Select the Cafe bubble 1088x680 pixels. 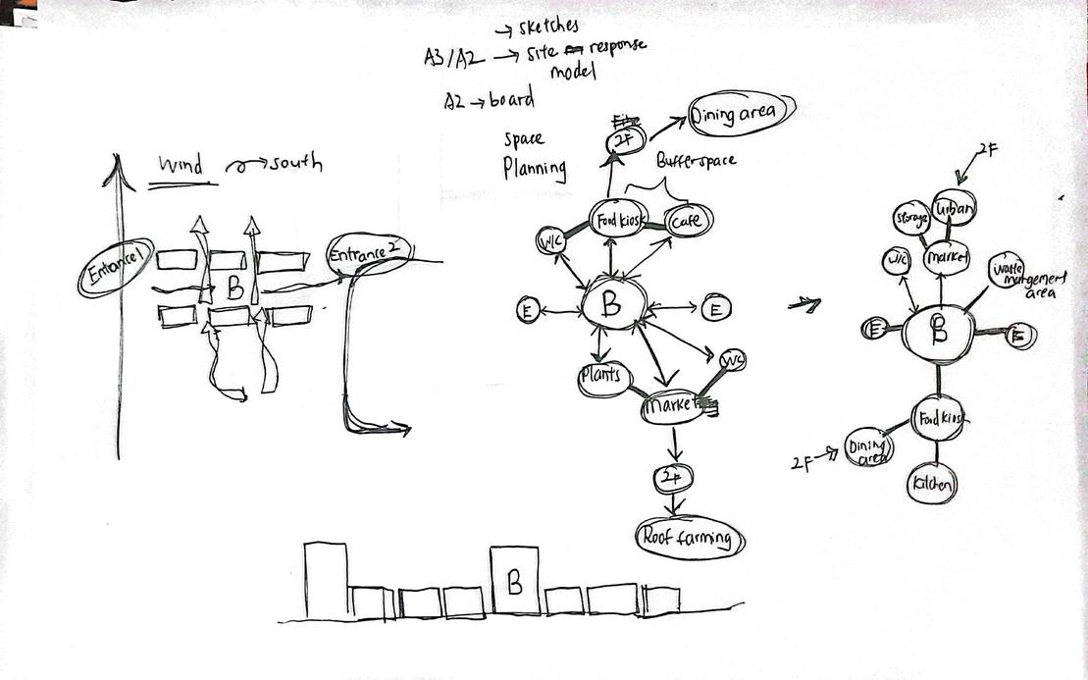point(687,222)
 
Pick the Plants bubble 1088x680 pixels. point(601,378)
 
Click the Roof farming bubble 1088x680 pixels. point(689,538)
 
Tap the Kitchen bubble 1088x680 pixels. point(931,484)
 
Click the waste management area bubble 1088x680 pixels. point(1016,275)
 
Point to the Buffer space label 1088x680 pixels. point(696,157)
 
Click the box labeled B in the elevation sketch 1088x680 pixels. point(515,580)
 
